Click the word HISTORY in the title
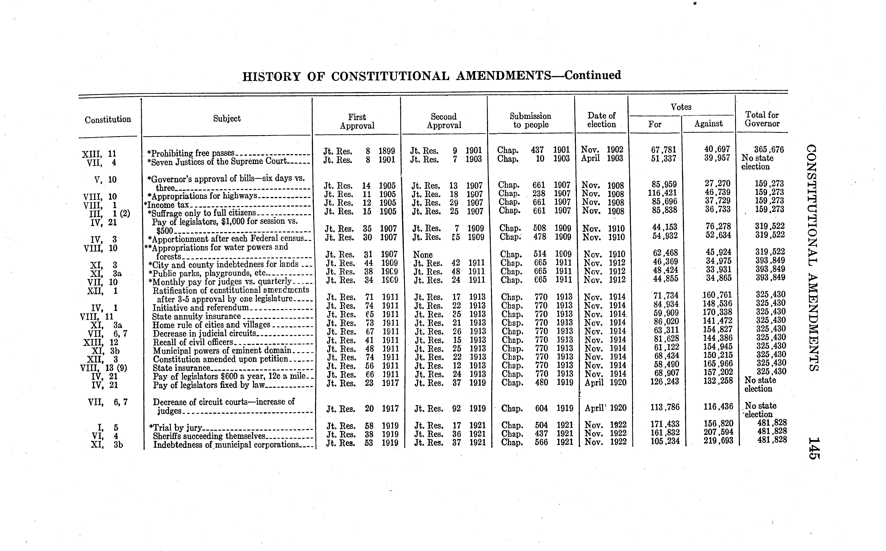[x=272, y=77]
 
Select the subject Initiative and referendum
[x=200, y=308]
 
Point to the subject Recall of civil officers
[x=192, y=342]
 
